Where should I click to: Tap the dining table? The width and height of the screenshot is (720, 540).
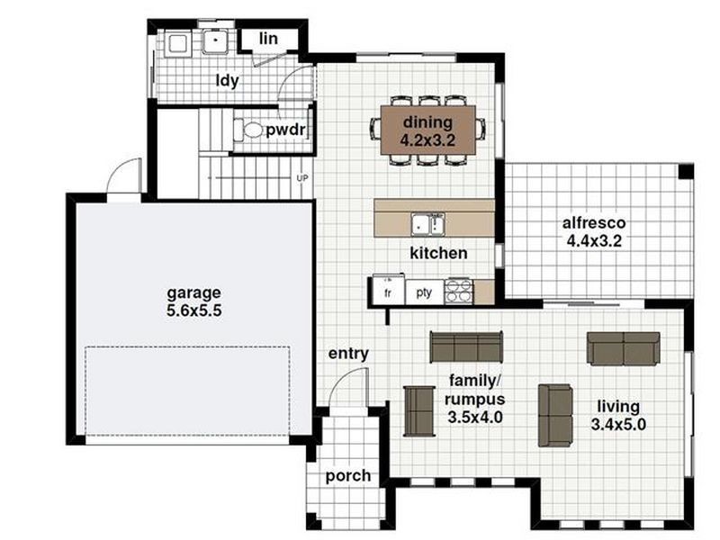click(427, 130)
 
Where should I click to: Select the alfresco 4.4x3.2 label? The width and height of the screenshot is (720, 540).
click(594, 231)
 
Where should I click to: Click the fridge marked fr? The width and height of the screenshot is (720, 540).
click(388, 292)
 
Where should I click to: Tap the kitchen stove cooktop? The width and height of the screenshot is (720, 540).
click(458, 292)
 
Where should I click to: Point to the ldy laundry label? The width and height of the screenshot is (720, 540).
click(227, 80)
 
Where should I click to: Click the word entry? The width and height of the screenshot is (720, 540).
click(348, 354)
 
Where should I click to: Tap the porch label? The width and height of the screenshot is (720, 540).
click(346, 475)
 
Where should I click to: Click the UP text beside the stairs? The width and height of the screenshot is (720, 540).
click(302, 178)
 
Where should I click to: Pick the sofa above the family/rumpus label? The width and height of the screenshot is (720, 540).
click(465, 346)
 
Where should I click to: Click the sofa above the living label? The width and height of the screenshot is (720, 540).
click(623, 348)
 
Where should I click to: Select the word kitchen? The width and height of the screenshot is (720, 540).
click(438, 254)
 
